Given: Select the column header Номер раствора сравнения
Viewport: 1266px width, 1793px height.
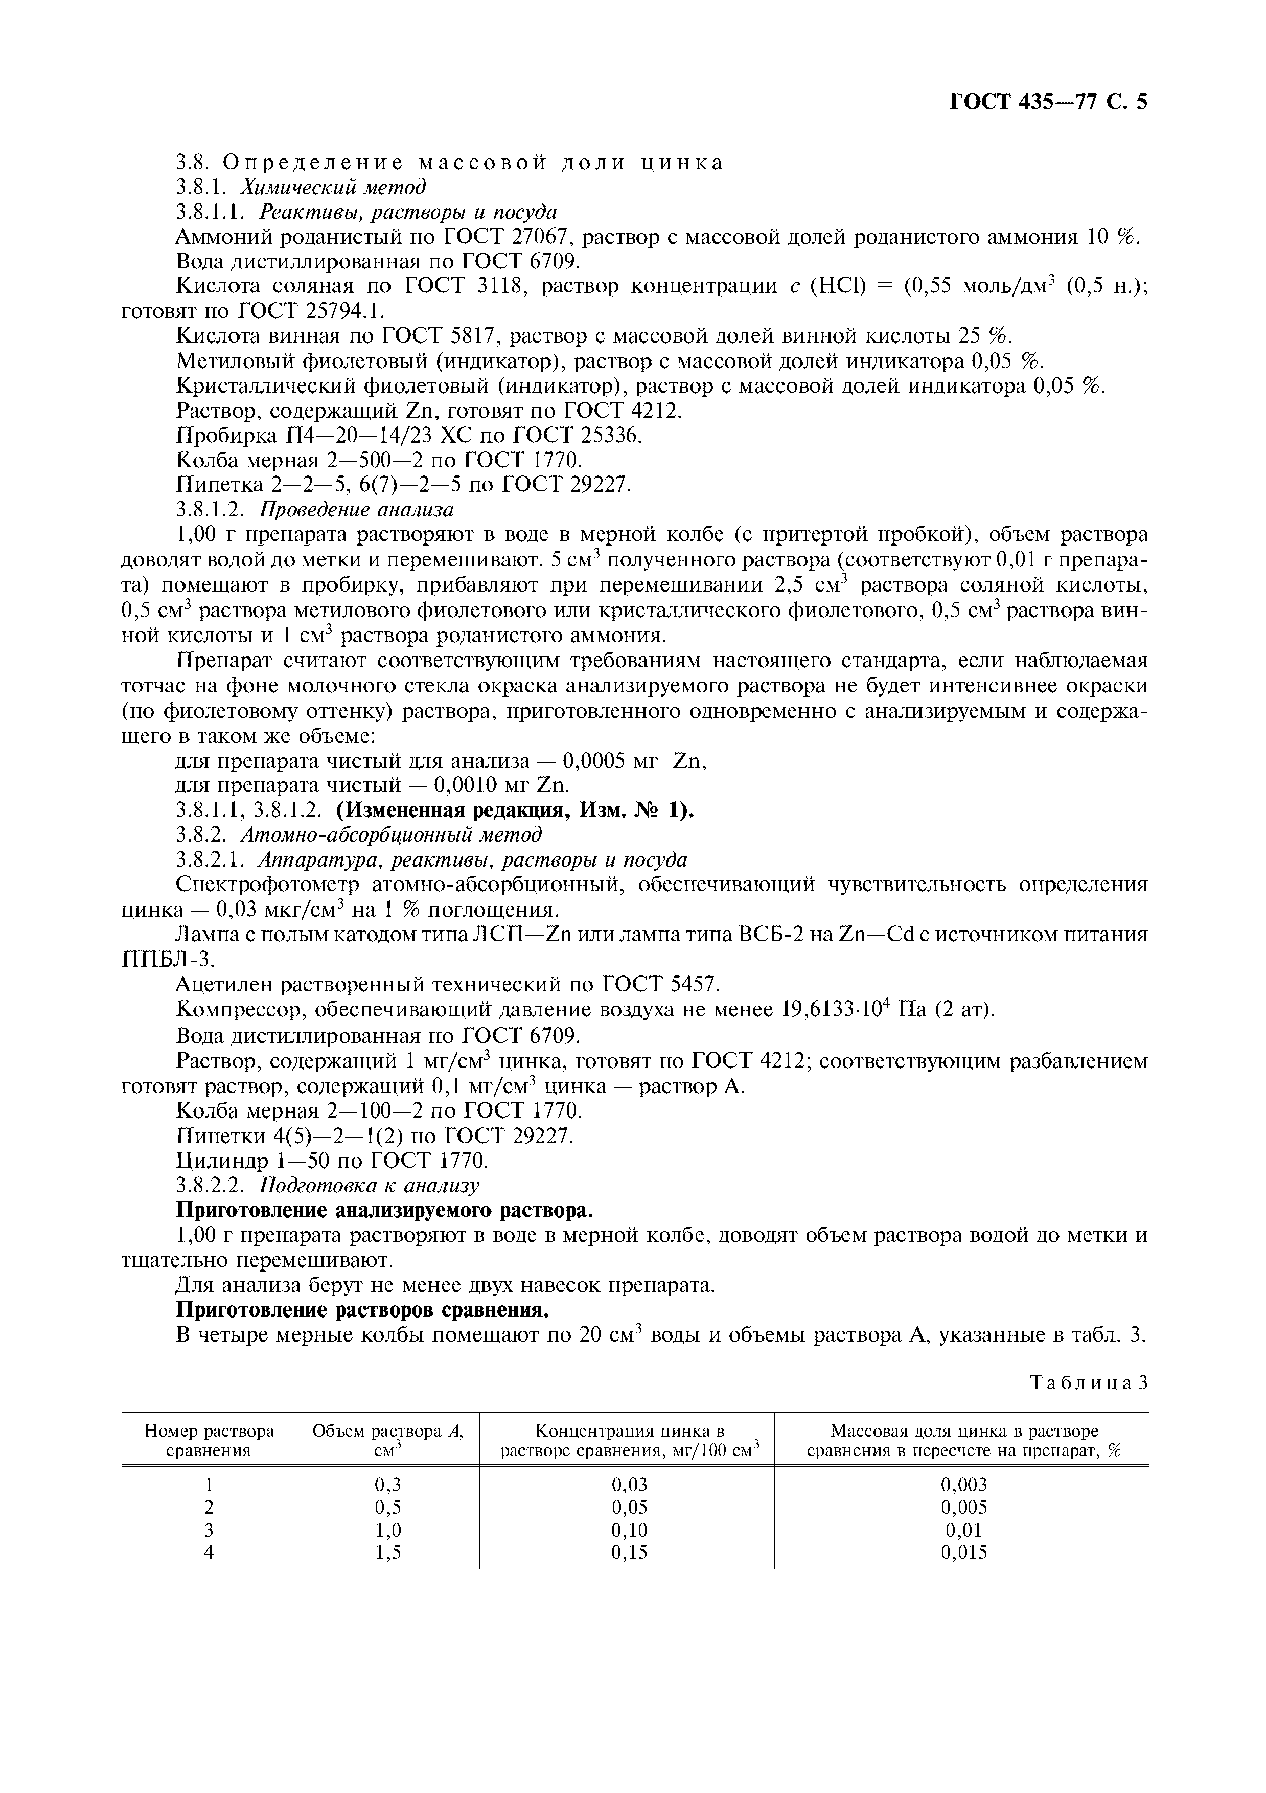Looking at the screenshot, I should [x=209, y=1441].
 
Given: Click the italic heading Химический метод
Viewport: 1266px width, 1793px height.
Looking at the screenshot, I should [x=333, y=188].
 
